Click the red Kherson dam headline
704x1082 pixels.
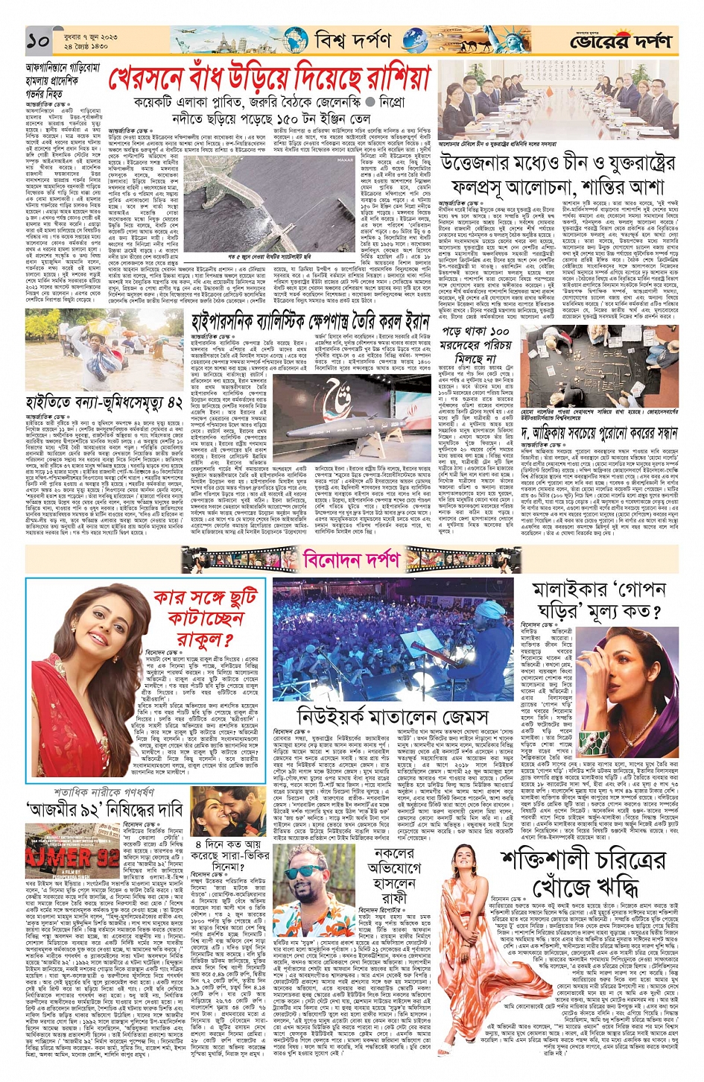pyautogui.click(x=270, y=78)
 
